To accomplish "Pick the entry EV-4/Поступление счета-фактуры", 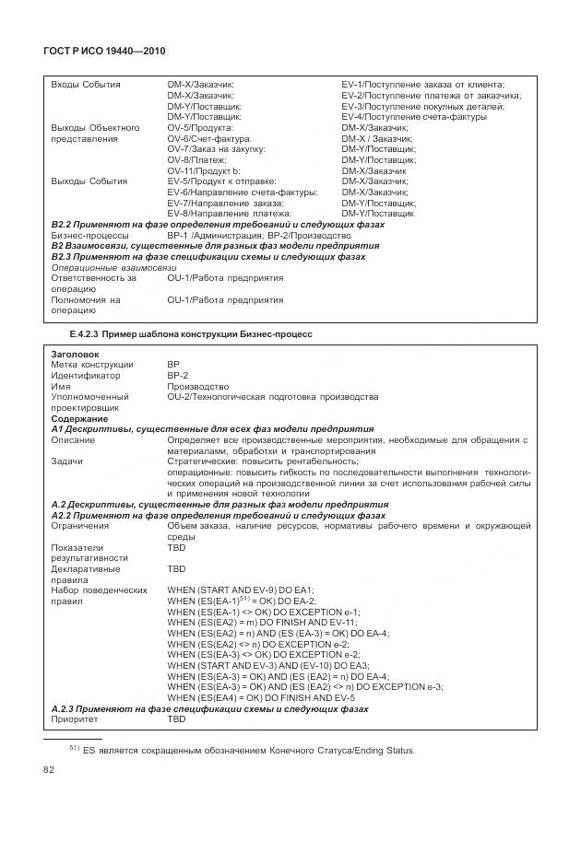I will point(414,117).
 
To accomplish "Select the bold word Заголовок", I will point(76,354).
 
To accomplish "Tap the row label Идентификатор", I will point(86,376).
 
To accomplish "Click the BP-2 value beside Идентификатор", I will point(177,376).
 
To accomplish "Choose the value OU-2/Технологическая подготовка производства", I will point(272,397).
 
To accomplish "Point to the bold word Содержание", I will point(79,419).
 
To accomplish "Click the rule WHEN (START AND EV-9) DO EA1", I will point(242,590).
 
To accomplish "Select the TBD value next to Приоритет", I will point(176,719).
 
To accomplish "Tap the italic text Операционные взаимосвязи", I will point(113,267).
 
